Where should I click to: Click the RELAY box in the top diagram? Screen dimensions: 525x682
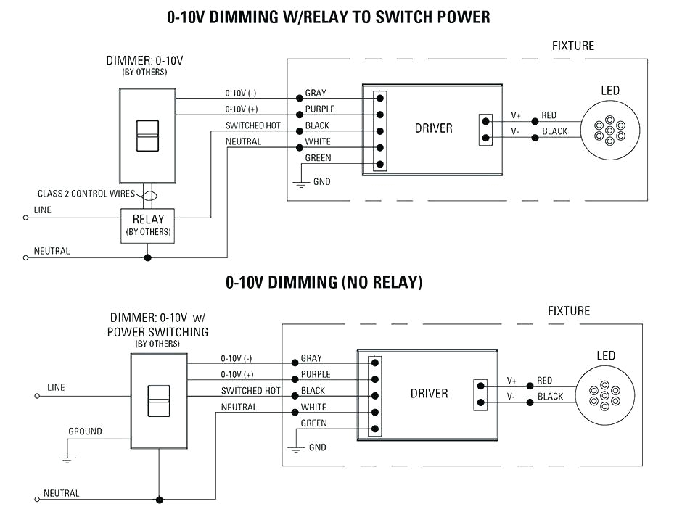tap(147, 225)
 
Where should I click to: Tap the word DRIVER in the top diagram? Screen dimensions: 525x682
tap(433, 128)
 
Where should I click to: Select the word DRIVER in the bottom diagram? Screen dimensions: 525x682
tap(429, 394)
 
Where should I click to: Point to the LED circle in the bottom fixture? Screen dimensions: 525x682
tap(604, 396)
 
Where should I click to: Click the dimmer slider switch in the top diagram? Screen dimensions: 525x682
tap(147, 135)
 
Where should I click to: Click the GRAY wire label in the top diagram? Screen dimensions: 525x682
tap(315, 94)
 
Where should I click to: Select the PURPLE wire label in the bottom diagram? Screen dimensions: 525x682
tap(315, 375)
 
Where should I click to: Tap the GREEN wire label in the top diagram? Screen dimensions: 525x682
tap(318, 158)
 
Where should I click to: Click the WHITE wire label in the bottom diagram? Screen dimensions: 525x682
tap(313, 408)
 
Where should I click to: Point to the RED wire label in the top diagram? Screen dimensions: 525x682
tap(549, 115)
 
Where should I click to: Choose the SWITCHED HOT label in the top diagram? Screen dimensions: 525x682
tap(252, 126)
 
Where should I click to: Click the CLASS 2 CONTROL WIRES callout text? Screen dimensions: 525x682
tap(85, 194)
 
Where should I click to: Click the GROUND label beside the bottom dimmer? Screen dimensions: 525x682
tap(85, 431)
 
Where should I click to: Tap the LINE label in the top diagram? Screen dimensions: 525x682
tap(43, 210)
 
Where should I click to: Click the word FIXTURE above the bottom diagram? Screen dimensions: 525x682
tap(569, 311)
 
